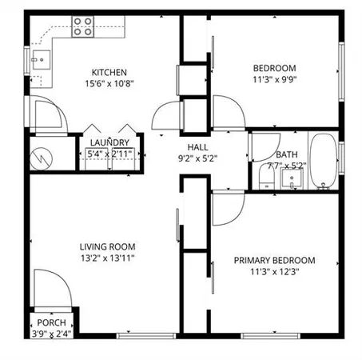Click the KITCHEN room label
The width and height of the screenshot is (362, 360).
(109, 72)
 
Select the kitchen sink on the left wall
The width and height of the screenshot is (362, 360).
(41, 59)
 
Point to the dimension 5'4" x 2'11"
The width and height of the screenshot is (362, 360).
(109, 154)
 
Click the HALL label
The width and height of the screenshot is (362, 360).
(197, 147)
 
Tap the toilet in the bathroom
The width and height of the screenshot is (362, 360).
(266, 176)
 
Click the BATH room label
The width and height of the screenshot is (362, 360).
(286, 154)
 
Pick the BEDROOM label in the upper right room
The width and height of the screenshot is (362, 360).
(274, 68)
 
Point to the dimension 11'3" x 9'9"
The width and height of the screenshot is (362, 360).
(274, 79)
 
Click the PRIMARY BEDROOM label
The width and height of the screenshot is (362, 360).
(273, 260)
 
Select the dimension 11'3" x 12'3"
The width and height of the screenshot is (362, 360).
(273, 271)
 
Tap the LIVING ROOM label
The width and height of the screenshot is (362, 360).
(106, 246)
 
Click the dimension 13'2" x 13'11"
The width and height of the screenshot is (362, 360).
(106, 258)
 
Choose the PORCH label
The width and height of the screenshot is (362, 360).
(52, 324)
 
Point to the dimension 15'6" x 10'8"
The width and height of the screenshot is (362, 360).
(109, 83)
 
